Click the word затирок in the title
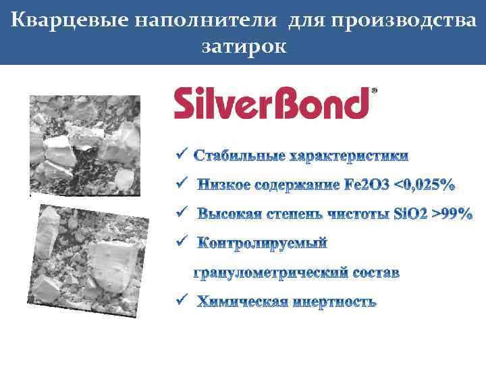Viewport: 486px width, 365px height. point(243,47)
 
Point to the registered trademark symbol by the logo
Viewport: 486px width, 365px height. point(375,90)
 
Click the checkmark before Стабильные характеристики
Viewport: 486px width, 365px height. point(180,155)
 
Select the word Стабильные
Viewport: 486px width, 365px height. point(238,157)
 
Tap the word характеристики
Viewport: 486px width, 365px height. point(349,157)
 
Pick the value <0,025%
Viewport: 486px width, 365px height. point(424,185)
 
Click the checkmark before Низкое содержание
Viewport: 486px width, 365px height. point(180,184)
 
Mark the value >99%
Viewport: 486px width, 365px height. point(452,214)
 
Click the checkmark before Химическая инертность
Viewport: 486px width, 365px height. point(180,300)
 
